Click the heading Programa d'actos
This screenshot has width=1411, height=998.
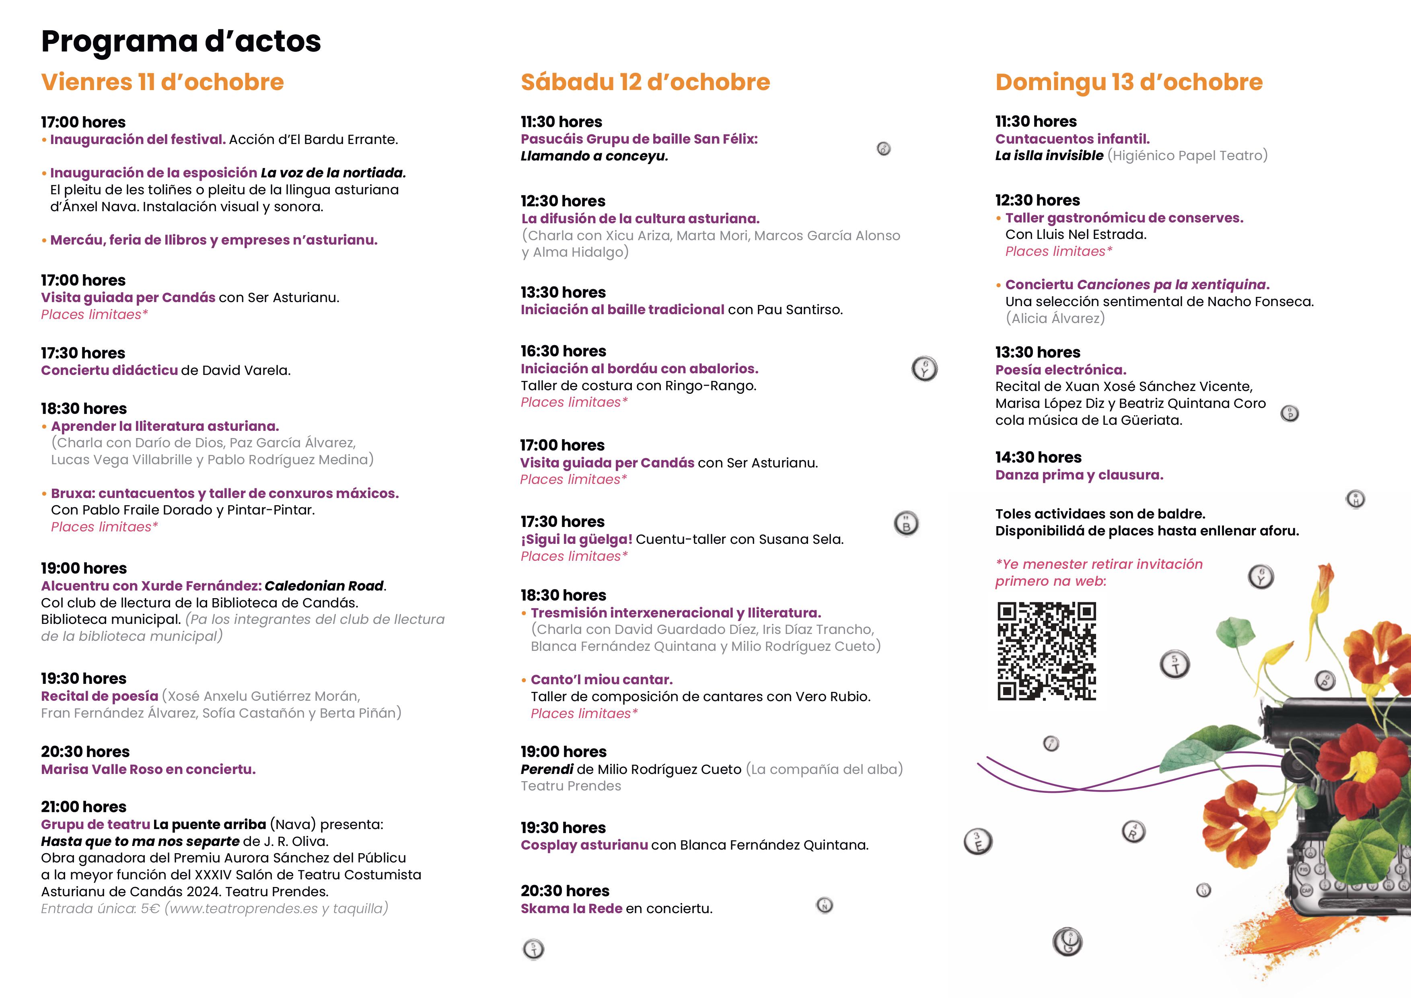181,42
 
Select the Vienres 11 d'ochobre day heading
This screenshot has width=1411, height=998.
162,82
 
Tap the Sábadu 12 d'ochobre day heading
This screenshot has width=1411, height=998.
645,82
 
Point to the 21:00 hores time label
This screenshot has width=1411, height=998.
84,807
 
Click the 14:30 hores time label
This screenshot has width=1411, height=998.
1038,457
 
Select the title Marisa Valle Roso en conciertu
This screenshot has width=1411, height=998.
148,770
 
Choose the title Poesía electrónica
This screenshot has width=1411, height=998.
1061,370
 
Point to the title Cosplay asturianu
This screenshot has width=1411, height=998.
584,845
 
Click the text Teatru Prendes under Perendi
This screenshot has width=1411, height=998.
570,786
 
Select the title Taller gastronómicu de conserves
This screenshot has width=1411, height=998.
1124,218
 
